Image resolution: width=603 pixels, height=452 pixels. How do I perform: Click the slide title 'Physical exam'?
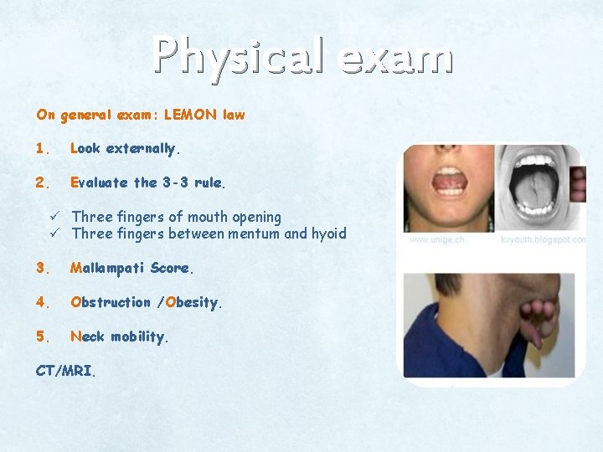click(x=302, y=57)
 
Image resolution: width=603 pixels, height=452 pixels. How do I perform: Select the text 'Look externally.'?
click(x=126, y=149)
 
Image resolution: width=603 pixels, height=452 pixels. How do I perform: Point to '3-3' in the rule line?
click(x=175, y=182)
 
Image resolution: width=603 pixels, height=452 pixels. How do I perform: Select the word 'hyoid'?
click(x=327, y=234)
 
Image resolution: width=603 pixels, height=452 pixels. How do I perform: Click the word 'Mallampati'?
click(x=107, y=269)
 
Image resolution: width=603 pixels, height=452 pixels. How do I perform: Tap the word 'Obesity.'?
click(x=194, y=302)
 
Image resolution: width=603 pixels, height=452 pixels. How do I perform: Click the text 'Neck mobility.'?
click(x=120, y=336)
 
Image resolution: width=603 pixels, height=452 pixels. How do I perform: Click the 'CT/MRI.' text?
click(x=66, y=371)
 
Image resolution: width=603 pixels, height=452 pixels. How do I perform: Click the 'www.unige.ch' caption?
click(x=436, y=239)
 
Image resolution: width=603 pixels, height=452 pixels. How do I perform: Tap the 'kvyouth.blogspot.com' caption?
click(x=543, y=239)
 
